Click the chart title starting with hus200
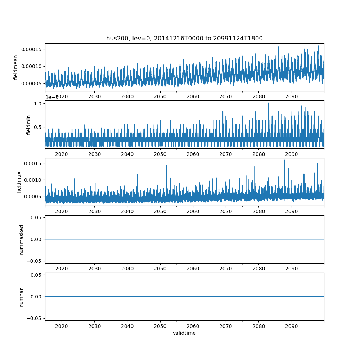point(184,38)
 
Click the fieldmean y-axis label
point(16,67)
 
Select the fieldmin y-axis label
point(29,125)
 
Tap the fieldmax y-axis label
point(19,182)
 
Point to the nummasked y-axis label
point(21,239)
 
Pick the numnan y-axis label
point(21,297)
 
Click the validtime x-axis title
point(184,333)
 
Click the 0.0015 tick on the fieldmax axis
point(33,163)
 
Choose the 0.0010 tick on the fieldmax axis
point(33,180)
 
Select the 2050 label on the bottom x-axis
point(160,326)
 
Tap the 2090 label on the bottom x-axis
point(291,326)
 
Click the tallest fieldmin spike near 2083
point(269,103)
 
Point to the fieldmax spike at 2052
point(166,166)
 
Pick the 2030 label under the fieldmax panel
point(94,211)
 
